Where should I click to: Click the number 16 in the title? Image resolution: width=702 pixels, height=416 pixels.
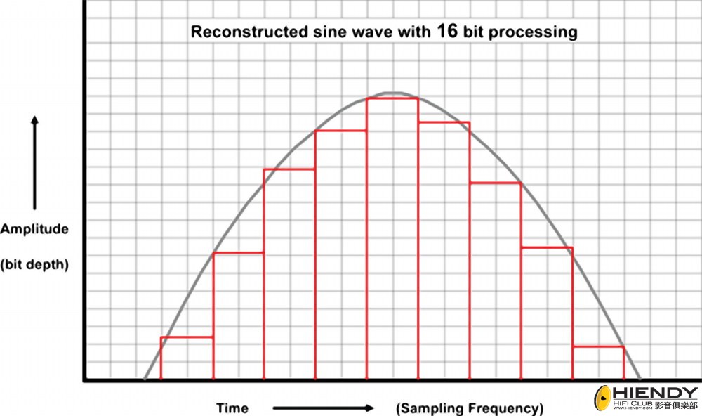coord(450,32)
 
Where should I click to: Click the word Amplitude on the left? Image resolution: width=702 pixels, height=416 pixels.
coord(34,229)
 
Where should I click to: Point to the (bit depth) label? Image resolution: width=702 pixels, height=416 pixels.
coord(34,264)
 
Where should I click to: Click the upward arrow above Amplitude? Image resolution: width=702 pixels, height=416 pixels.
coord(34,162)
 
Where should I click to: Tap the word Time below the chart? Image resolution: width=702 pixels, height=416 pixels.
coord(232,408)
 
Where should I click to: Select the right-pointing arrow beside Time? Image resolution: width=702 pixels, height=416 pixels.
coord(322,408)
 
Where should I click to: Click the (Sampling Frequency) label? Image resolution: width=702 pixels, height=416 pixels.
coord(470,408)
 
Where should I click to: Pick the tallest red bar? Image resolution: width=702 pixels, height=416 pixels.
coord(392,239)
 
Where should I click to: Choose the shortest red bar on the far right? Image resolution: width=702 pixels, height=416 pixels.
coord(598,363)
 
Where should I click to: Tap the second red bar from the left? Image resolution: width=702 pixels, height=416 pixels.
coord(238,316)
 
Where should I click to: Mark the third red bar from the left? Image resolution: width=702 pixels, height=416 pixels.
coord(289,274)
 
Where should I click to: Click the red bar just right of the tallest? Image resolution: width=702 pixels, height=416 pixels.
coord(444,251)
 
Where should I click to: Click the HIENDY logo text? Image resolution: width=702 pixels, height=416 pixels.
coord(656,392)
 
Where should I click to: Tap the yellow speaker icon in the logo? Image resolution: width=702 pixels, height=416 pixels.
coord(603,398)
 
